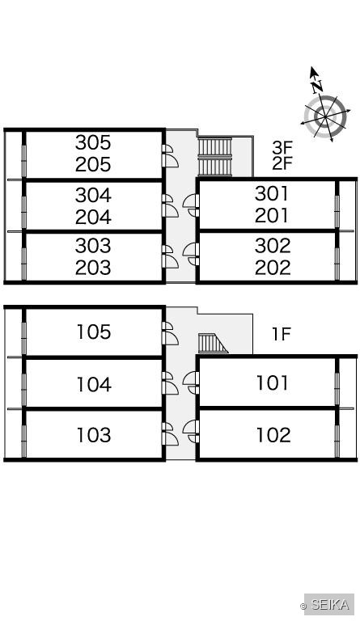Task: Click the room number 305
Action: (x=93, y=142)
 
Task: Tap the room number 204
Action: (x=93, y=217)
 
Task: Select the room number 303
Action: (x=93, y=246)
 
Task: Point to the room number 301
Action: (x=272, y=194)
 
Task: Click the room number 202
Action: (x=273, y=268)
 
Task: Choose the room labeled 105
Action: (x=94, y=332)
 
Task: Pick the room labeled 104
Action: (x=94, y=384)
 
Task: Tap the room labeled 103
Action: (x=94, y=435)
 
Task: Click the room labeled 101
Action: (x=273, y=383)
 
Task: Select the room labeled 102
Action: (x=273, y=435)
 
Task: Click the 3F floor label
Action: (x=282, y=147)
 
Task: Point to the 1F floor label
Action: (x=282, y=334)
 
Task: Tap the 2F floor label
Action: (x=282, y=163)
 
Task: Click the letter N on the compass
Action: (x=317, y=86)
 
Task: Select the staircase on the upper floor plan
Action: (x=214, y=157)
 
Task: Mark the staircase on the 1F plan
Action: (x=213, y=344)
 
